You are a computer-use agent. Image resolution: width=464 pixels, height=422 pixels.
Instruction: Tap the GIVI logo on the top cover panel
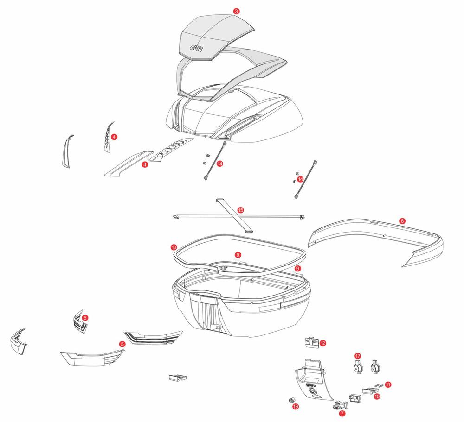tap(197, 48)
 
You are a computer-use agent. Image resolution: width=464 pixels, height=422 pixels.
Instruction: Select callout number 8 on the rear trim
tap(402, 221)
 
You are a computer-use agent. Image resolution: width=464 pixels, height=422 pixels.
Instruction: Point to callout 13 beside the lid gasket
tap(174, 247)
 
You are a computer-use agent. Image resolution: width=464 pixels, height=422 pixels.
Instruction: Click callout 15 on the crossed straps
tap(240, 210)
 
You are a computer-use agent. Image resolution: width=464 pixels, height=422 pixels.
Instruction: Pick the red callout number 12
tap(323, 343)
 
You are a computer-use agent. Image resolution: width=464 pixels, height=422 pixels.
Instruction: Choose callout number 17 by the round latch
tap(358, 356)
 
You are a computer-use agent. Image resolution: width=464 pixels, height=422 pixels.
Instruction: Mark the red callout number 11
tap(388, 384)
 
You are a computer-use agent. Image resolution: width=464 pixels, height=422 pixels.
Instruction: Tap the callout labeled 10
tap(377, 397)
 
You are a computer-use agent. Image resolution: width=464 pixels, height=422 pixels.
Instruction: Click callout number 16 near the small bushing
tap(296, 406)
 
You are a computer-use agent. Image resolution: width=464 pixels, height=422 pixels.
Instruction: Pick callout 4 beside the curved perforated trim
tap(114, 137)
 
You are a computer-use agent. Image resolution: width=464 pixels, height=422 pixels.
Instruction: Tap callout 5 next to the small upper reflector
tap(85, 318)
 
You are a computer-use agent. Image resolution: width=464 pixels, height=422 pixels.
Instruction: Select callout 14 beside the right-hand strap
tap(300, 179)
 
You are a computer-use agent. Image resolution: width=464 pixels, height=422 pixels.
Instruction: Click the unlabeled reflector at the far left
tap(17, 343)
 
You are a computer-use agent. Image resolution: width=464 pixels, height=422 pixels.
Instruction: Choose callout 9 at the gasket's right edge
tap(297, 268)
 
